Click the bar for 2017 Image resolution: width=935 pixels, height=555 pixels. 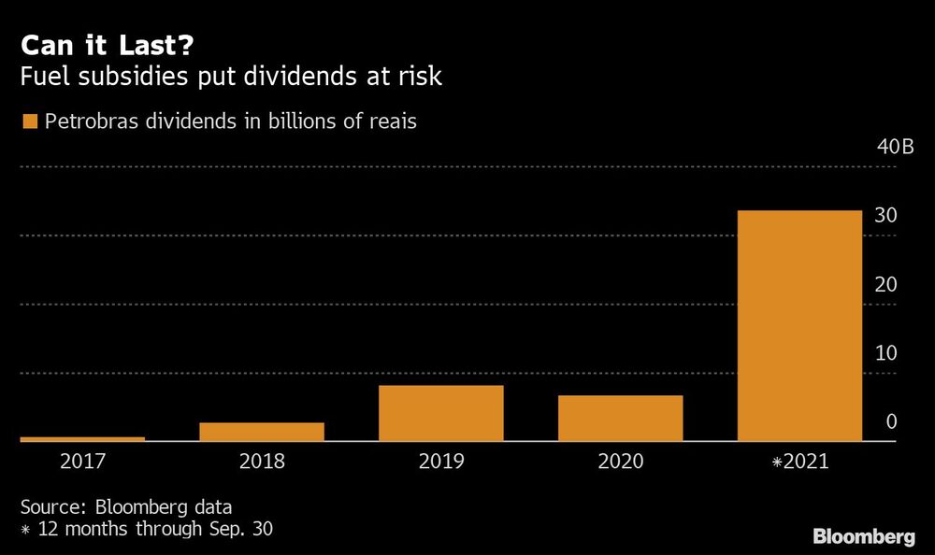click(82, 438)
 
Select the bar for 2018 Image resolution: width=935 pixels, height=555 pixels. click(262, 432)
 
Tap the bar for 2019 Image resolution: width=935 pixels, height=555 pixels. click(441, 413)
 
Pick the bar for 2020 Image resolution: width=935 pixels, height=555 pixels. click(621, 418)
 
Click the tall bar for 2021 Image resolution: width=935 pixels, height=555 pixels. click(799, 325)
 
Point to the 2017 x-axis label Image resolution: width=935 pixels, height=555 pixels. click(82, 461)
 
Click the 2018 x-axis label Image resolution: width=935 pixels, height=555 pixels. click(262, 461)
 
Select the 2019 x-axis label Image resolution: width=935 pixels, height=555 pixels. click(441, 461)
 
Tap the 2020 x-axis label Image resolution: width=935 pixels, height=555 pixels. click(621, 461)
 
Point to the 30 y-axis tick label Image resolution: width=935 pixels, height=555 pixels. click(885, 216)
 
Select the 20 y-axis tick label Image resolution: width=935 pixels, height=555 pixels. click(885, 285)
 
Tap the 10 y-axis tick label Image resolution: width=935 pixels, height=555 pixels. click(885, 353)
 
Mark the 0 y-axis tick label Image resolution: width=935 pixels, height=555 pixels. click(891, 422)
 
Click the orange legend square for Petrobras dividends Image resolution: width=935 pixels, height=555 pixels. click(29, 121)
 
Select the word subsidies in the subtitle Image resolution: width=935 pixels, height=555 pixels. click(123, 78)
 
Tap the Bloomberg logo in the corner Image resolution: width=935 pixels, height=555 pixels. click(863, 536)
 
